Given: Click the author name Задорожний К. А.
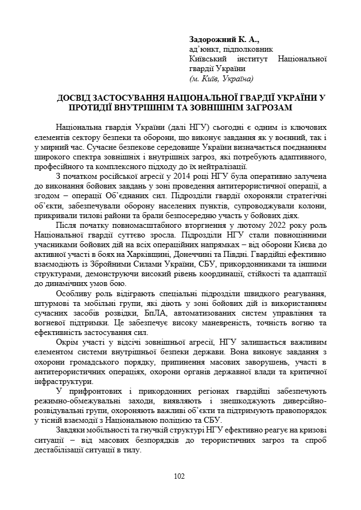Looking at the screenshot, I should [224, 39].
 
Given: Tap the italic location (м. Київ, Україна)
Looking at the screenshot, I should [221, 79].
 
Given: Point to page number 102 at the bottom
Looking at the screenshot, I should [180, 476].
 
